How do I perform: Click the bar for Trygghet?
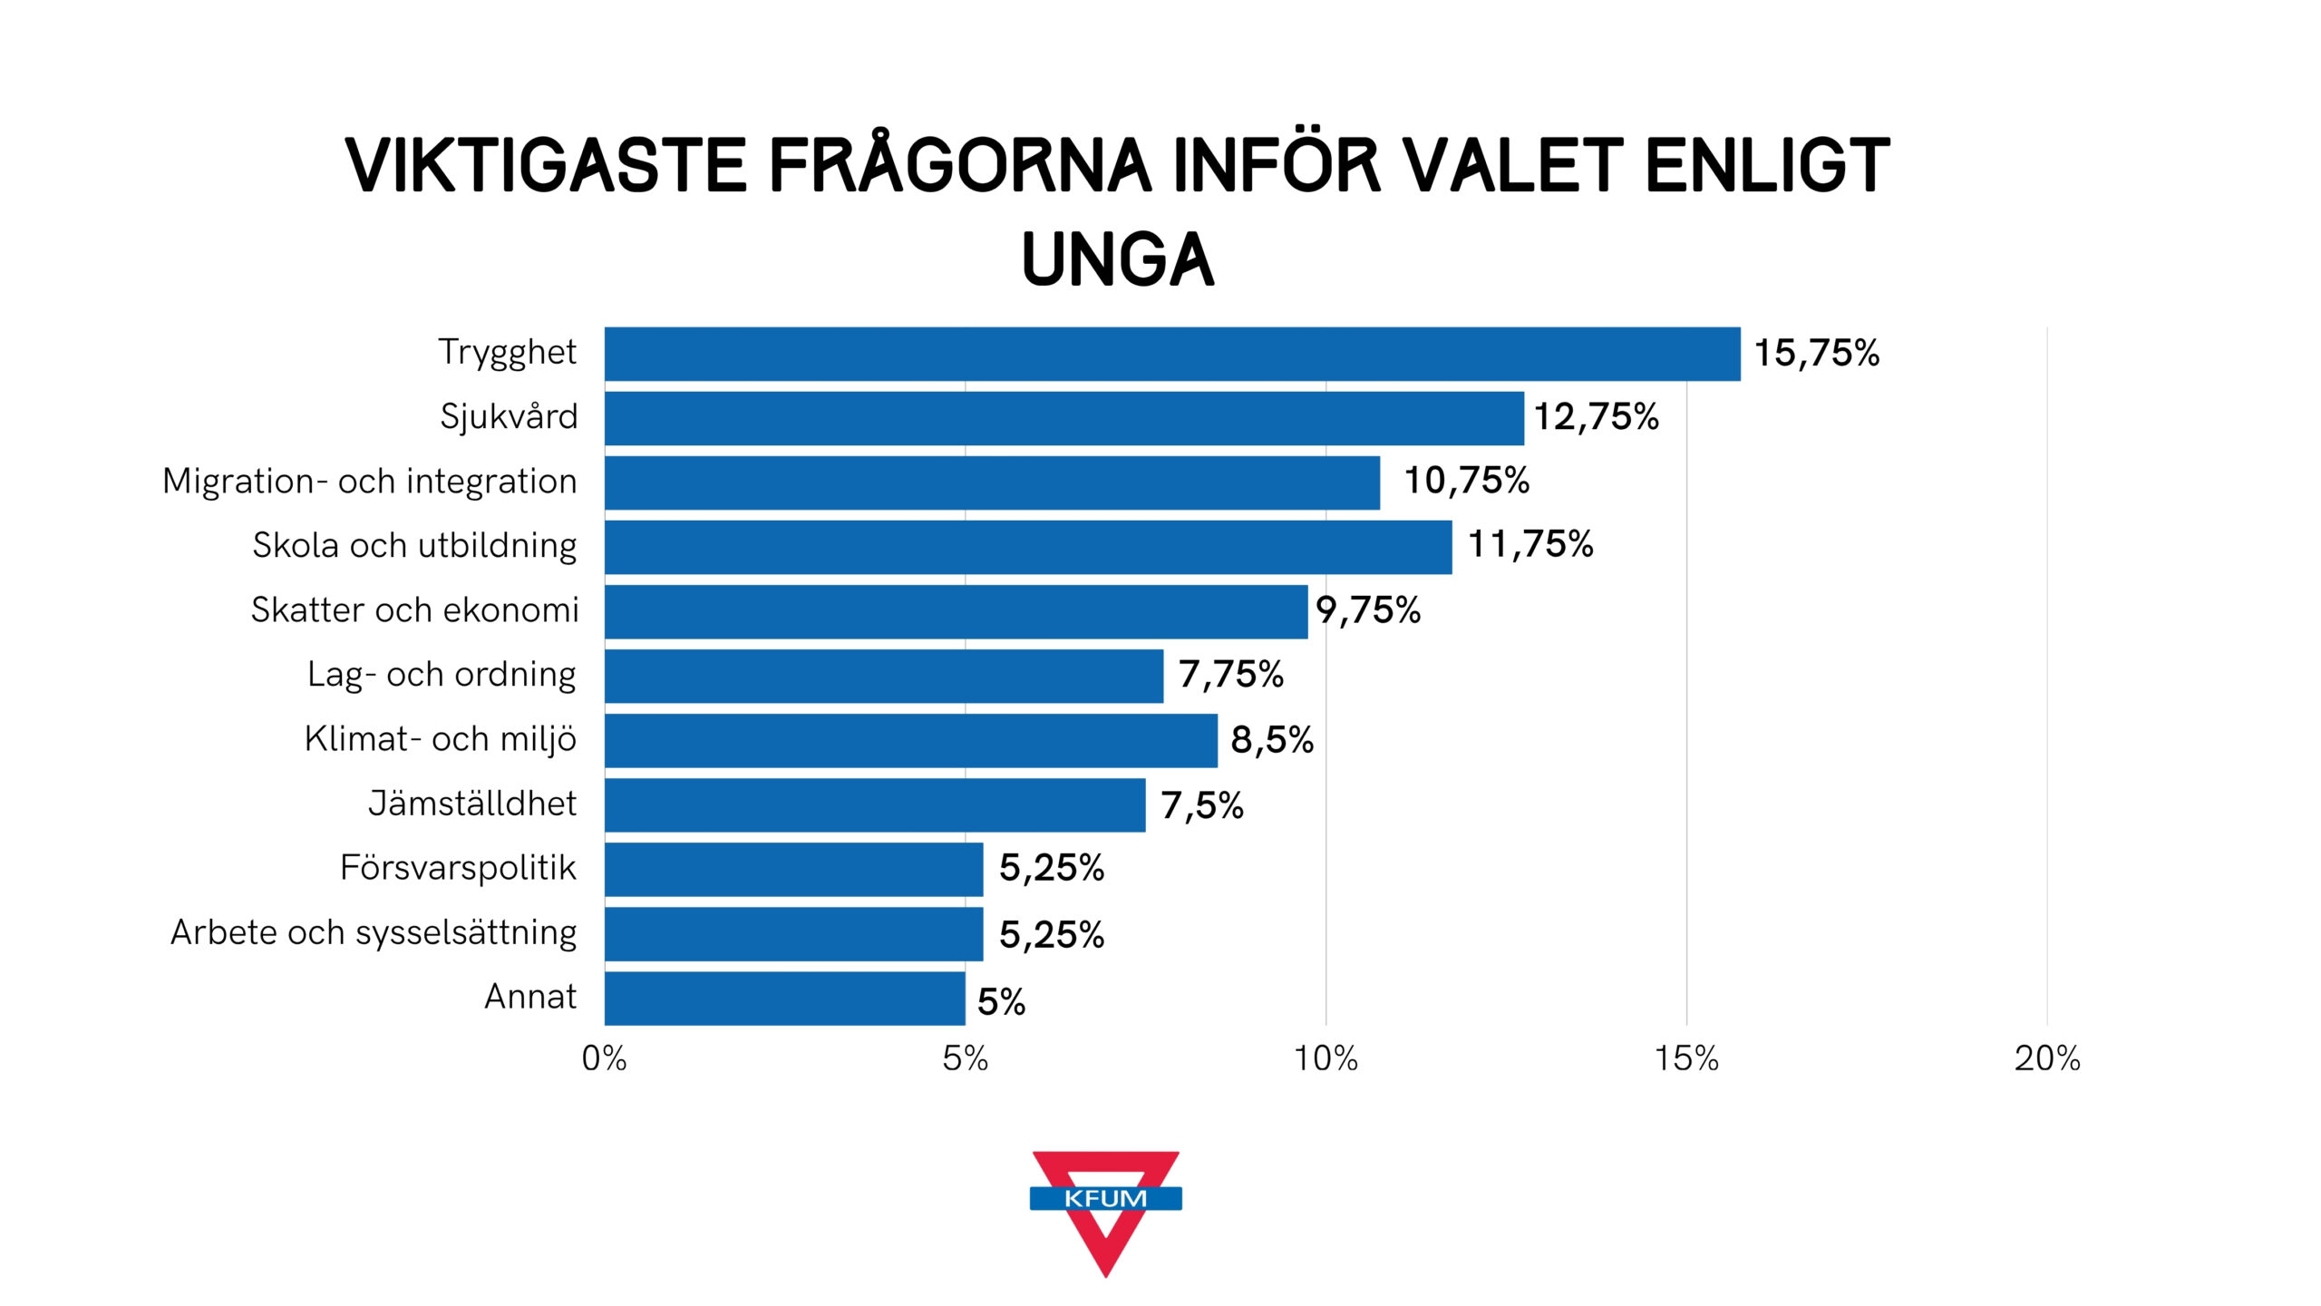1172,354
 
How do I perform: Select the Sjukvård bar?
1064,418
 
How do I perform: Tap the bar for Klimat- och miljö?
911,740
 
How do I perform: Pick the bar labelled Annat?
785,999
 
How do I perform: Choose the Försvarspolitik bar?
794,869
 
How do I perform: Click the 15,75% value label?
1817,354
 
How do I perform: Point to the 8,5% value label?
1272,740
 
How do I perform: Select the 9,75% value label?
1368,610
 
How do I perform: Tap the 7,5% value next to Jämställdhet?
1202,805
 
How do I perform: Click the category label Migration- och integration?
370,482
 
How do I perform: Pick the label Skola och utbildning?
414,546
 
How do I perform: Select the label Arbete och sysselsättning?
374,933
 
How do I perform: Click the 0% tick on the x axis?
604,1058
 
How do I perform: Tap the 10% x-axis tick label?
1326,1058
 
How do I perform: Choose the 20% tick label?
2047,1058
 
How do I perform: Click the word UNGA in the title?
1118,260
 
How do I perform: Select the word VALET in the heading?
1513,166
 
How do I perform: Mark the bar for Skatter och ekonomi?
957,611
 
